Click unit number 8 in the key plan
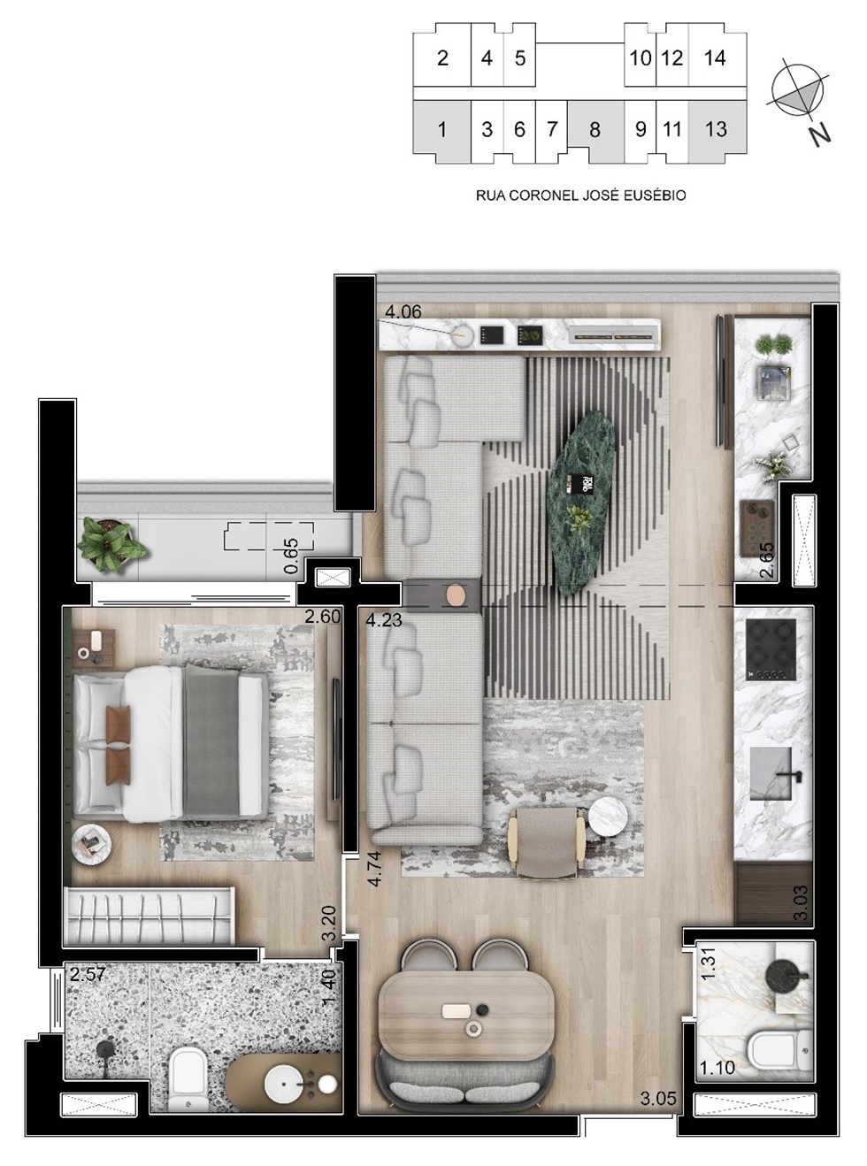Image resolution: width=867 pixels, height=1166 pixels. pos(595,129)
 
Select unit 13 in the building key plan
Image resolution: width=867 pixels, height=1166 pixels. pos(716,129)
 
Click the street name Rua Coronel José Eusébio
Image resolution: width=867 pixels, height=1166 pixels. pos(580,196)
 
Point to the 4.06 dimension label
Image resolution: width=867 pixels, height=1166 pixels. pos(403,311)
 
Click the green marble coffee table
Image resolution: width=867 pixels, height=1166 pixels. pos(581,502)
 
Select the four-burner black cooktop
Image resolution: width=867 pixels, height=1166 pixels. pos(771,649)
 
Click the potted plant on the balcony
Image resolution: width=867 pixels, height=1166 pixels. pos(111,543)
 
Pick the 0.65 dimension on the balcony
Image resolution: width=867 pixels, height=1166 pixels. pos(291,556)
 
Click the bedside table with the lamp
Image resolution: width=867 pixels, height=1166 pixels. pos(94,648)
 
